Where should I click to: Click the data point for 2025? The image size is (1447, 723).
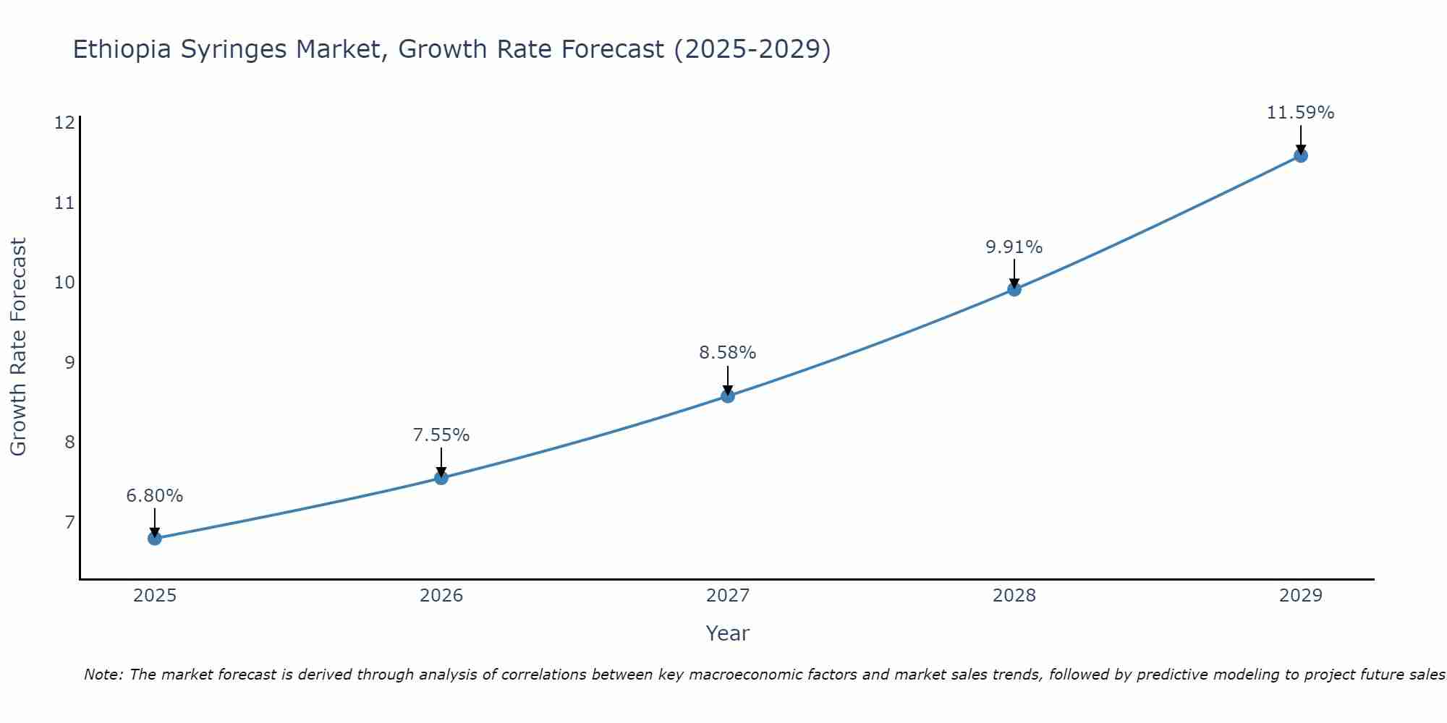coord(154,538)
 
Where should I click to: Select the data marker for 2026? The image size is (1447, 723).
coord(441,477)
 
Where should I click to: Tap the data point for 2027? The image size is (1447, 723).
coord(727,395)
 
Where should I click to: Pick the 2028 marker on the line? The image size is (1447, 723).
coord(1014,289)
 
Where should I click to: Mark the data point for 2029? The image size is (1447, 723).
coord(1300,155)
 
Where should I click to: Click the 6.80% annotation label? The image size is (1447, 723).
coord(154,496)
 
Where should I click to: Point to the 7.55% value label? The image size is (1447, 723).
coord(441,435)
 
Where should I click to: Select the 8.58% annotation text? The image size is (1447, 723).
coord(727,353)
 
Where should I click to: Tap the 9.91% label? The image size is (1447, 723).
coord(1014,247)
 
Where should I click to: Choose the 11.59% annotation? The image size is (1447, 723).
coord(1300,113)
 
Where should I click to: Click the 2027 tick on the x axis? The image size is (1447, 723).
coord(727,596)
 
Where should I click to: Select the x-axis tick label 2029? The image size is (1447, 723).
coord(1300,596)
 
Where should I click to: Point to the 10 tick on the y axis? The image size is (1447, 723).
coord(64,282)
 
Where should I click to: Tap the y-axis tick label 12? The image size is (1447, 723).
coord(64,122)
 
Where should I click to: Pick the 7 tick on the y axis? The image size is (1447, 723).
coord(69,522)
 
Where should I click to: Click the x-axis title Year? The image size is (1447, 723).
coord(727,633)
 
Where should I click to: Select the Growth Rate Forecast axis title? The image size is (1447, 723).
coord(18,347)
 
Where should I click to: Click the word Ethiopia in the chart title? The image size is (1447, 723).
coord(122,49)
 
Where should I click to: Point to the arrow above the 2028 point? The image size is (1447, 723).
coord(1014,273)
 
